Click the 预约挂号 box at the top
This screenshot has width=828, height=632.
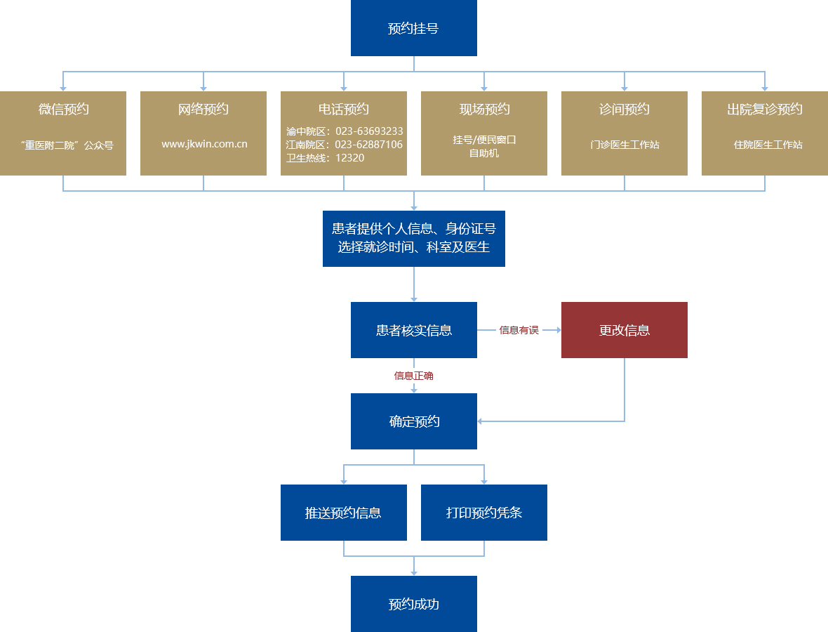(x=414, y=28)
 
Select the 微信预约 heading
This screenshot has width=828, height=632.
(x=63, y=110)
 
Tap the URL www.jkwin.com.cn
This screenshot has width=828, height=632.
(x=204, y=145)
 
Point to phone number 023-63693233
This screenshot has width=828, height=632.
(x=369, y=131)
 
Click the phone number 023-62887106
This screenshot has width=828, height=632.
(x=369, y=145)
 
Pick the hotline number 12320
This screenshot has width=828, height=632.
(x=349, y=158)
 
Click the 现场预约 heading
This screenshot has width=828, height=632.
(x=484, y=110)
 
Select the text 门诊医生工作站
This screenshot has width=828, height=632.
(x=625, y=145)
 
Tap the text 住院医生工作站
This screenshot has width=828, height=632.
(x=768, y=145)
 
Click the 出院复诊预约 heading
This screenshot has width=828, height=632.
(x=765, y=110)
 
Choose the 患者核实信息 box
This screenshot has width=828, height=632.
(x=414, y=330)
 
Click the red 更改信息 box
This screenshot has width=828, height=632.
(x=625, y=330)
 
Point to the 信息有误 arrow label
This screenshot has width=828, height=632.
(x=519, y=330)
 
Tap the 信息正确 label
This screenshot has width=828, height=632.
(x=414, y=376)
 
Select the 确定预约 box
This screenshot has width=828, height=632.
(x=414, y=421)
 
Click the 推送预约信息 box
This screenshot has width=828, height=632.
(x=344, y=513)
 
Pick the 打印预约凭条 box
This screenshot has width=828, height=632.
(x=484, y=513)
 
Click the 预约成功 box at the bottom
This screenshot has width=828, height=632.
(x=414, y=604)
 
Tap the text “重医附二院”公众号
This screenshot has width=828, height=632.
(x=67, y=146)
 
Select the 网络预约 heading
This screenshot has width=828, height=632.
(x=203, y=110)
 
